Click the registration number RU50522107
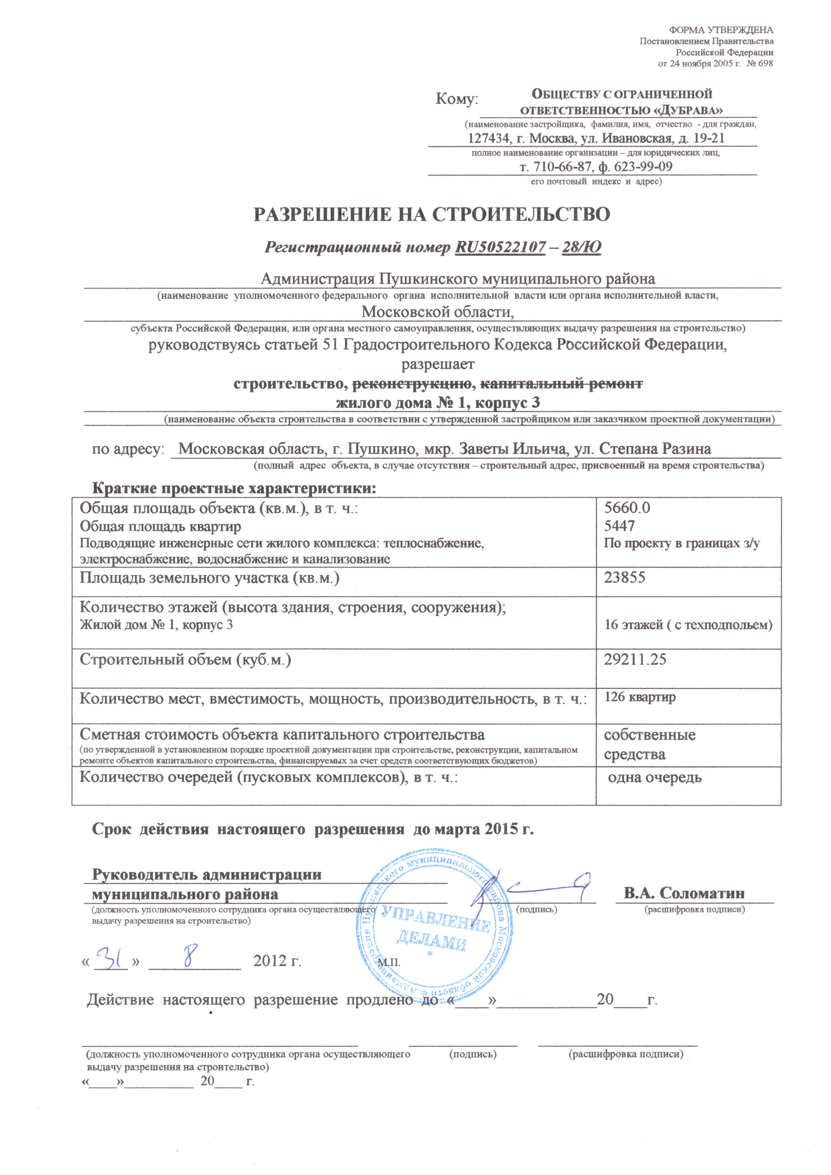click(500, 247)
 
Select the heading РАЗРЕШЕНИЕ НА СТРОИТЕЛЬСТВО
click(432, 214)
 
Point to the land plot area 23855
click(625, 577)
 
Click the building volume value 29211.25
click(635, 659)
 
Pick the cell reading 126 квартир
click(639, 698)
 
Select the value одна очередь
click(654, 778)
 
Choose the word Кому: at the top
click(457, 99)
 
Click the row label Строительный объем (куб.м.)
click(185, 660)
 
